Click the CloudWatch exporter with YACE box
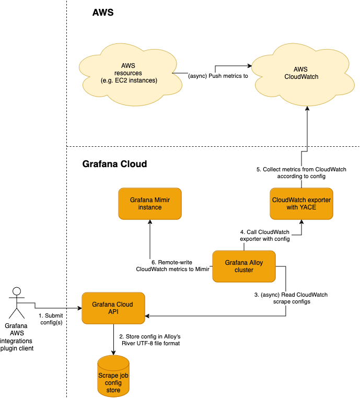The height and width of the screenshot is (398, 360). pos(301,204)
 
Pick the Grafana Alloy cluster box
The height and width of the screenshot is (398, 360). pos(244,266)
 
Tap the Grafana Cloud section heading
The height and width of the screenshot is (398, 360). pos(114,164)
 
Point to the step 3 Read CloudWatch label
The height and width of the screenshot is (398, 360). pos(291,298)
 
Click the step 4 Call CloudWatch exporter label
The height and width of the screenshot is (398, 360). pos(264,236)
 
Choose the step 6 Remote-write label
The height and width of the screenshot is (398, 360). pos(172,266)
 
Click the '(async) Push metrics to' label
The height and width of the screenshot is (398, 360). pos(217,77)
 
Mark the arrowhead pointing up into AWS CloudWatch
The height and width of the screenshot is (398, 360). pos(307,101)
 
